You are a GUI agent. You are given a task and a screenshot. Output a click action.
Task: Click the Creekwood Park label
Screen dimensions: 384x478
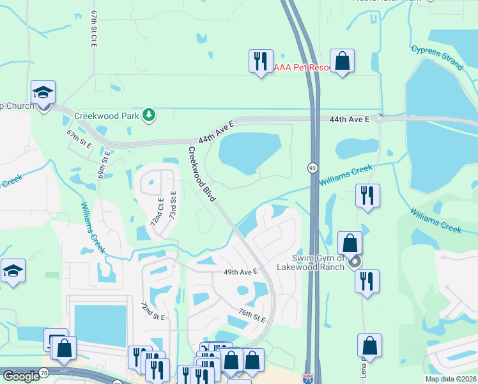106,116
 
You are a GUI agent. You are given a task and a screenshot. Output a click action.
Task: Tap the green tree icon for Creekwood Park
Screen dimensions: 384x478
149,115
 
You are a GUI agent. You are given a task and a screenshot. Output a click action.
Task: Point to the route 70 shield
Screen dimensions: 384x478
43,372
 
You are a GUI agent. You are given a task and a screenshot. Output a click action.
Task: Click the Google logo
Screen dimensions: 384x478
20,376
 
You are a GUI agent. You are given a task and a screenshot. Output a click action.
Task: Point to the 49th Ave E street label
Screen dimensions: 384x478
240,271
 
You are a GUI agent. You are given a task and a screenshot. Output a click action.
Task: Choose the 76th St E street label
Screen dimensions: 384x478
252,315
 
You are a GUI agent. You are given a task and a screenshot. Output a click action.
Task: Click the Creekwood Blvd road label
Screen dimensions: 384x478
201,175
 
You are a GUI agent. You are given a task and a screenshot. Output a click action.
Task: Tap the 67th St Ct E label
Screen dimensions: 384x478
93,29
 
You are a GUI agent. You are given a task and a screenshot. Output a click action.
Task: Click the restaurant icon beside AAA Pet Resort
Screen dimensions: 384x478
261,62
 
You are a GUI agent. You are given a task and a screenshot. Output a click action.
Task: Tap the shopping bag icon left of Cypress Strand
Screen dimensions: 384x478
343,62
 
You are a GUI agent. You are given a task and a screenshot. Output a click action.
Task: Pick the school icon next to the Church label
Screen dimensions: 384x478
43,93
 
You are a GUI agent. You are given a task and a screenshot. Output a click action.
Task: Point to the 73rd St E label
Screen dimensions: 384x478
173,204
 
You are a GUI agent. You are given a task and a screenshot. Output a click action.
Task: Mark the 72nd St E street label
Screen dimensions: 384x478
153,312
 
